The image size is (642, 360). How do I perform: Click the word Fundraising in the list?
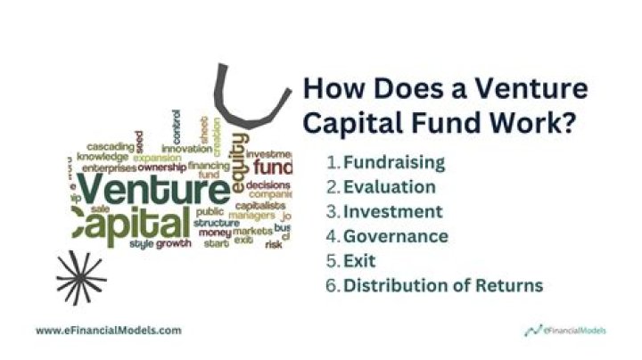(x=394, y=163)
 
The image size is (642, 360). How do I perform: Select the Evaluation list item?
(x=390, y=187)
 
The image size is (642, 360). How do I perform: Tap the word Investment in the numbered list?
(x=393, y=212)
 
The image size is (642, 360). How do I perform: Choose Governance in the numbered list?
(x=396, y=236)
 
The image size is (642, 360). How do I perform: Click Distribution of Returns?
(x=443, y=286)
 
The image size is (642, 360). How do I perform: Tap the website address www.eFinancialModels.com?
(x=108, y=330)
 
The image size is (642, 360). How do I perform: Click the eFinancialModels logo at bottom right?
(x=564, y=331)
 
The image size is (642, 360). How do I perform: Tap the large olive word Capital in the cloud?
(x=130, y=223)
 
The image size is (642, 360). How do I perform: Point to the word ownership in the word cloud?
(x=160, y=167)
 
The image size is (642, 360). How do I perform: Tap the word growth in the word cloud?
(x=174, y=242)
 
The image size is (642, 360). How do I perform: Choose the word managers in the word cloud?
(x=251, y=215)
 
